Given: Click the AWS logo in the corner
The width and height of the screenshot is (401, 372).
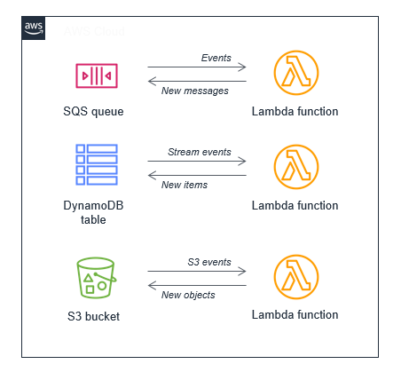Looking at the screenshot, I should click(34, 28).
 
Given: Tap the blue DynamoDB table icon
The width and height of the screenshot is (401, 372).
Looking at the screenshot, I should click(96, 163).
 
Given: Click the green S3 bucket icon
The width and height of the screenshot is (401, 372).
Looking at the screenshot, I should click(96, 276).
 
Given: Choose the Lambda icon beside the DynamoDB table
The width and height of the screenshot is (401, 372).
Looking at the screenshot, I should click(295, 168).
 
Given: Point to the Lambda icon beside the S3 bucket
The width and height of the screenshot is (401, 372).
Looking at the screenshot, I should click(295, 278).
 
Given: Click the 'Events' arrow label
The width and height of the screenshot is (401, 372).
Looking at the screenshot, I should click(216, 58).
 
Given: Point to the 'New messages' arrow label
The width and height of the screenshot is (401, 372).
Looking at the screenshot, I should click(194, 91).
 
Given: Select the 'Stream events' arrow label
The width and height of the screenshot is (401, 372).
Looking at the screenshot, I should click(199, 152).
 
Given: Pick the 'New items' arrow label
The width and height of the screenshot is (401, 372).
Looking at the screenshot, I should click(185, 185).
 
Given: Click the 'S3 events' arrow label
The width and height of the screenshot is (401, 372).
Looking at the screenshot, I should click(208, 262).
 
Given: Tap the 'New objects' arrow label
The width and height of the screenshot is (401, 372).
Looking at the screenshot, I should click(188, 295).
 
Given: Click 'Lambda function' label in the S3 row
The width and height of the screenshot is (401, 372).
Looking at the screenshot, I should click(295, 315).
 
